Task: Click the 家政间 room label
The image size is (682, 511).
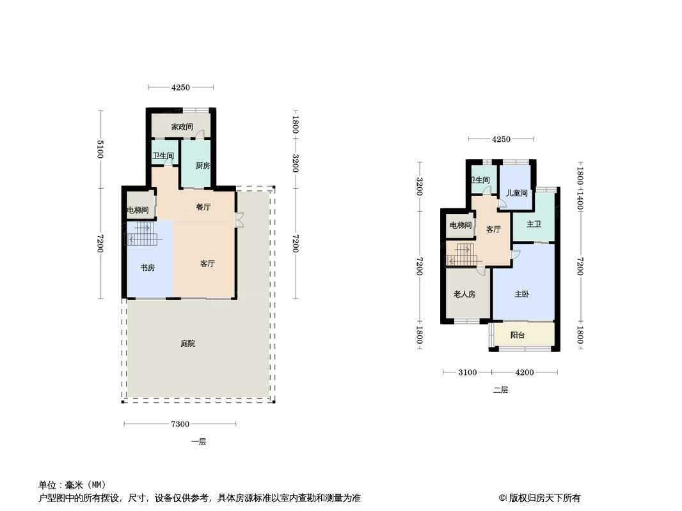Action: (182, 127)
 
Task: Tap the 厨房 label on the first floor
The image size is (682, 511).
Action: (203, 166)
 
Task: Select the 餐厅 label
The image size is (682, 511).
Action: (203, 207)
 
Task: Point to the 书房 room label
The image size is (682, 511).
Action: (148, 268)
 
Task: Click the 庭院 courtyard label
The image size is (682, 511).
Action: (187, 344)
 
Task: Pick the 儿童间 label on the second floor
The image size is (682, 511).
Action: (516, 193)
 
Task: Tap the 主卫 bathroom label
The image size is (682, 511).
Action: (534, 225)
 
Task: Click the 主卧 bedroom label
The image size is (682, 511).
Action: (522, 294)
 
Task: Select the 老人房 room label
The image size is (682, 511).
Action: (464, 294)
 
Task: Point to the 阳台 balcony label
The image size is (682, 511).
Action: (518, 335)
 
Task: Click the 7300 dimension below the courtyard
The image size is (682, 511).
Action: (180, 424)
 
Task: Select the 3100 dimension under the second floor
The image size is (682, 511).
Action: (468, 372)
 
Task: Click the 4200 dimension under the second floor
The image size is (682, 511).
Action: (525, 372)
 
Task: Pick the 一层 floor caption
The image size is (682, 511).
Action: (198, 441)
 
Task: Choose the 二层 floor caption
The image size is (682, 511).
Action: (500, 390)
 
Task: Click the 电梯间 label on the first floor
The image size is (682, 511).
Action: (138, 211)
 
